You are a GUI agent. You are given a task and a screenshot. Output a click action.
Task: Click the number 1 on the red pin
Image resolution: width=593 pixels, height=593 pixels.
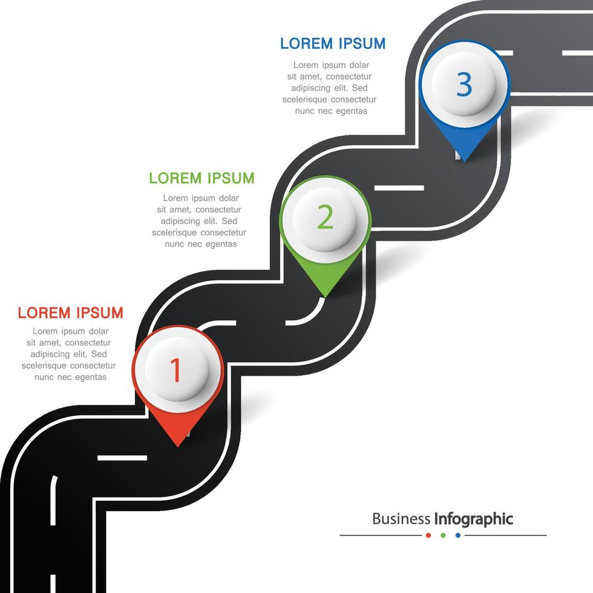176,370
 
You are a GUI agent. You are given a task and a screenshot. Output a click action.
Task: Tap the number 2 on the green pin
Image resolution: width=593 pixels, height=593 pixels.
325,218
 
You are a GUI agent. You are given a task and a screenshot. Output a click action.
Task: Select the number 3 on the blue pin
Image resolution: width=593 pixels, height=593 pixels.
464,84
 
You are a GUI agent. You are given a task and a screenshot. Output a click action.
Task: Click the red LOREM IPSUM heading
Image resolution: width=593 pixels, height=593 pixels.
70,313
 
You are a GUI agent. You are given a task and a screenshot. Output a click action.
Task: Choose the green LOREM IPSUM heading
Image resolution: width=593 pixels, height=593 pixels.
201,178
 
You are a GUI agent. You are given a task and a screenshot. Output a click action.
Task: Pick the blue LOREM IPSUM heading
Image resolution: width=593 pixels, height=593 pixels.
332,44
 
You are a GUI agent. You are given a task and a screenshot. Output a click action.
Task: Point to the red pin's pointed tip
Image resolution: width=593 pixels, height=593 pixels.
178,445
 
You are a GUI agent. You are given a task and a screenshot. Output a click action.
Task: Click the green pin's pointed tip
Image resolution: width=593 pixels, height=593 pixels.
326,296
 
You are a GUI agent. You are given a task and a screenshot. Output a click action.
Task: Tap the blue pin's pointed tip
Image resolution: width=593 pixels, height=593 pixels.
464,160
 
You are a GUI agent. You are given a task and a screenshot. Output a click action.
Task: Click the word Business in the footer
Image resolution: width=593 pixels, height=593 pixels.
401,519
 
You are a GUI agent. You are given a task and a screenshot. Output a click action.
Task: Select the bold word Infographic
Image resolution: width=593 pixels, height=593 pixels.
474,519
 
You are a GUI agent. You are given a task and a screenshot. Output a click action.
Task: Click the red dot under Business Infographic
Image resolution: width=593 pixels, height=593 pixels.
428,535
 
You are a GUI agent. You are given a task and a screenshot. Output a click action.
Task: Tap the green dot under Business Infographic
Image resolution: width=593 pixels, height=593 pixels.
443,535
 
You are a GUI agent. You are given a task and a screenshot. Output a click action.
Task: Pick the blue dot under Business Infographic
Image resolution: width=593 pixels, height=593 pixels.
458,535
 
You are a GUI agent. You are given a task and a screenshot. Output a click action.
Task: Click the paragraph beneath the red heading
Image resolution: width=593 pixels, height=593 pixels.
69,354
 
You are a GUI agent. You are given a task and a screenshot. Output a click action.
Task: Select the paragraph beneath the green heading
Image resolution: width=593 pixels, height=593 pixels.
200,221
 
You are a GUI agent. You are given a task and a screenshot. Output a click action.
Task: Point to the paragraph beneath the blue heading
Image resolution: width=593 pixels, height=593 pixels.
330,88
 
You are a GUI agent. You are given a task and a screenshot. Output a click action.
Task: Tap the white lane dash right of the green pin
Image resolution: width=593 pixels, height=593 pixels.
399,188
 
